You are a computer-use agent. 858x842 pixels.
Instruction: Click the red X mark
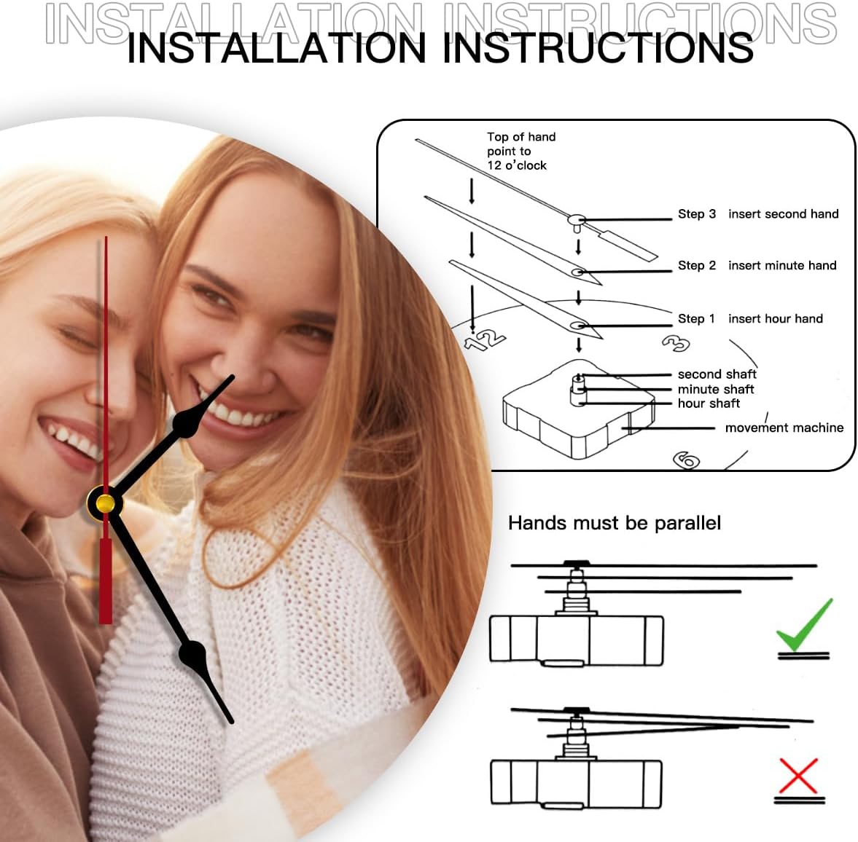798,775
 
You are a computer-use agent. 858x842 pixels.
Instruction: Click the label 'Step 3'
697,214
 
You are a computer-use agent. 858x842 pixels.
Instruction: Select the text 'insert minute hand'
782,265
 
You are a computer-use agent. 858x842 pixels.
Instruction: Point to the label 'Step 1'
696,318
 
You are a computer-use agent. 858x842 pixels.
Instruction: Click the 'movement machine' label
784,428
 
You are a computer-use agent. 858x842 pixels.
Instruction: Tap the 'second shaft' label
717,374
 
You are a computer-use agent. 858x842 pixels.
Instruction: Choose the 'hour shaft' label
709,403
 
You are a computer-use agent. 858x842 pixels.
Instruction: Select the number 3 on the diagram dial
676,343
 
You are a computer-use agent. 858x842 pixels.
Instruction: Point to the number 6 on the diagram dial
687,460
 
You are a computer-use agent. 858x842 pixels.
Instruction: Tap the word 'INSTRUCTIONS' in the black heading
598,48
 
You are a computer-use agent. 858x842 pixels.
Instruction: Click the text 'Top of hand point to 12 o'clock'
521,151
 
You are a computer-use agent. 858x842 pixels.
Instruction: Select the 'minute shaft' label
716,389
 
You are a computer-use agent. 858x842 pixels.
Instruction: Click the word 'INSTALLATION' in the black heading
276,48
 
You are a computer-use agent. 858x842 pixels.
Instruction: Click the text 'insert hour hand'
776,318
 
